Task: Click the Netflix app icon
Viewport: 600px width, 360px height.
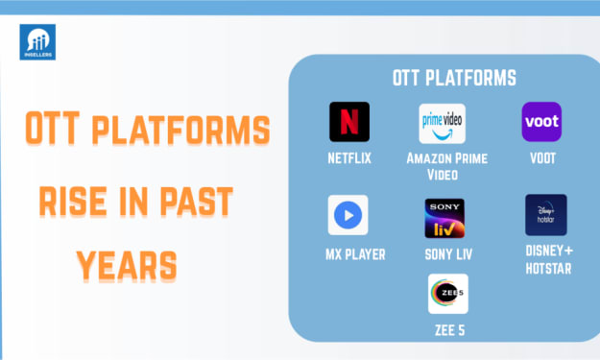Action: (349, 122)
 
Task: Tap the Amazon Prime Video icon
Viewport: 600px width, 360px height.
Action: (442, 123)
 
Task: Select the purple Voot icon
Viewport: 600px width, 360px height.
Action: (541, 122)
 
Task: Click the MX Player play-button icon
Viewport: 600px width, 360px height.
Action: (348, 215)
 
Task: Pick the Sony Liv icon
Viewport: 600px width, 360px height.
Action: (444, 218)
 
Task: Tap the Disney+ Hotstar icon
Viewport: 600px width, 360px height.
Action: (546, 215)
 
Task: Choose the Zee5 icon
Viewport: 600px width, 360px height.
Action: (448, 294)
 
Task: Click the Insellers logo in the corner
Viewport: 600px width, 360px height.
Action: (37, 42)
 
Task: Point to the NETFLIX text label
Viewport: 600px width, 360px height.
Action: (349, 158)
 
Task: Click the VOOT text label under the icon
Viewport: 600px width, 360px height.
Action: (542, 158)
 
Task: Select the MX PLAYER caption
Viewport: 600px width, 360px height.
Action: (355, 254)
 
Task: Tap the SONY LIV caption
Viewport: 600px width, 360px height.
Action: (448, 254)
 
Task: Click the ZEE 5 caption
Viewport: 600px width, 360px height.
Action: (449, 330)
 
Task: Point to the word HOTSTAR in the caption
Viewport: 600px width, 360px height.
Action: (548, 269)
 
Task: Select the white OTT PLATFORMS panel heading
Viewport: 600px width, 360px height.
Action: (454, 78)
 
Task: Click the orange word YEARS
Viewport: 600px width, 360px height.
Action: (127, 266)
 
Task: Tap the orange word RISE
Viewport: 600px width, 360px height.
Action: (73, 202)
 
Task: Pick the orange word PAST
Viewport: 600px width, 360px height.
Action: (196, 202)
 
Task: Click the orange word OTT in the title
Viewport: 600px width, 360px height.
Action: (53, 129)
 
